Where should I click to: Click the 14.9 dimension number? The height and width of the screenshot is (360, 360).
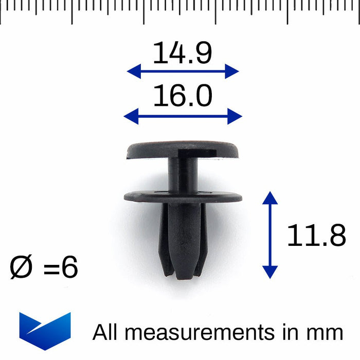[x=182, y=53]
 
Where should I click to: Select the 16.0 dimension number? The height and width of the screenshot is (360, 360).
[x=183, y=95]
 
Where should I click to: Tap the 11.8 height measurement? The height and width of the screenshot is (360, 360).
[x=316, y=235]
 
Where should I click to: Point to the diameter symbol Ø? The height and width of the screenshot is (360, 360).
[x=21, y=267]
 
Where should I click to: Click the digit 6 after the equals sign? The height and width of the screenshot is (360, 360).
[x=70, y=267]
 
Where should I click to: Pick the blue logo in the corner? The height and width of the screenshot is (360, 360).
[x=45, y=331]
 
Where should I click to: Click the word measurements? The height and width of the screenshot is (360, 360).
[x=200, y=332]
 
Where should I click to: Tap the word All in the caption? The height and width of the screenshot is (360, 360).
[x=105, y=332]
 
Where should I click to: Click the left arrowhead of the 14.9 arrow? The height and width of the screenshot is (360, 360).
[x=134, y=71]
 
